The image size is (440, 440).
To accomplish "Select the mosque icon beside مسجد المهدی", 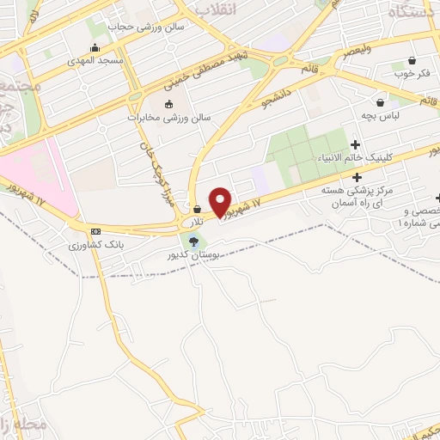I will pyautogui.click(x=94, y=47).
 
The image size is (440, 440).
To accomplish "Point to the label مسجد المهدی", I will pyautogui.click(x=98, y=61).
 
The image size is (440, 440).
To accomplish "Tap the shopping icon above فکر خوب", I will pyautogui.click(x=412, y=61).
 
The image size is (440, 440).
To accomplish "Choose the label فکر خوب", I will pyautogui.click(x=411, y=74).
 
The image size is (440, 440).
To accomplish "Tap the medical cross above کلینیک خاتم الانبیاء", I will pyautogui.click(x=355, y=145).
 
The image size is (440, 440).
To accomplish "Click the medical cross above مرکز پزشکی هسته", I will pyautogui.click(x=357, y=176).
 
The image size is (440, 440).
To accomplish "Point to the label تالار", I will pyautogui.click(x=198, y=222).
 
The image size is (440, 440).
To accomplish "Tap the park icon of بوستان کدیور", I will pyautogui.click(x=193, y=240).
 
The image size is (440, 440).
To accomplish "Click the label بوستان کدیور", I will pyautogui.click(x=193, y=255).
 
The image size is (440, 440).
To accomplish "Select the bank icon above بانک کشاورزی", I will pyautogui.click(x=95, y=231).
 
